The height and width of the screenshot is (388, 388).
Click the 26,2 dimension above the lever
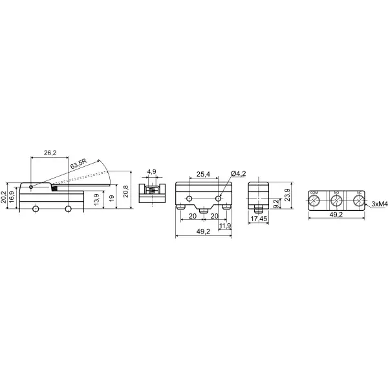49,153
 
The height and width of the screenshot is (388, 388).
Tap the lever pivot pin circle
32,186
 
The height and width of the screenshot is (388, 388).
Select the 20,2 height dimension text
4,196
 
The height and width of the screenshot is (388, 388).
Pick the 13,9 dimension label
96,200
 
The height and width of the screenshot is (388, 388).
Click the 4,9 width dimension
151,172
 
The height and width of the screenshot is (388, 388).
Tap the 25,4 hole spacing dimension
204,175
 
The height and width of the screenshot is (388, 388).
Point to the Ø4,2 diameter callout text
238,174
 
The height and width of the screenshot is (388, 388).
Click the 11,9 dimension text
225,226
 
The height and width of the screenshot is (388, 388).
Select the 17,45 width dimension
259,219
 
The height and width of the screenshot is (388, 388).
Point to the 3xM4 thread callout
379,204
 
